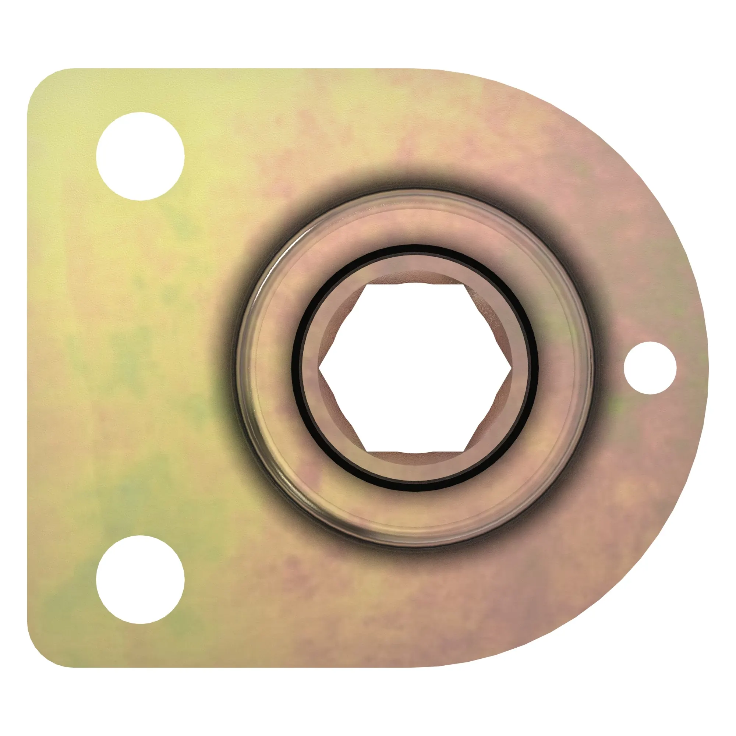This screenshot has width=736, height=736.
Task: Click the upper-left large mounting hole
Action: (140, 156)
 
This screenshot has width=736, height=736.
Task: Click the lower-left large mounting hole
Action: (140, 580)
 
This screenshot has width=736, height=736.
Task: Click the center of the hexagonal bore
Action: (415, 368)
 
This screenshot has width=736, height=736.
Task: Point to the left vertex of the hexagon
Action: (319, 368)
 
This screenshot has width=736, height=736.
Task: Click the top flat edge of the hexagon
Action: (415, 284)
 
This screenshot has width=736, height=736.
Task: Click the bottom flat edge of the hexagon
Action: (415, 452)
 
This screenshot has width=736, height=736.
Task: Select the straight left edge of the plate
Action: (28, 368)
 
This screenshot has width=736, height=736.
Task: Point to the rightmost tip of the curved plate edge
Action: (707, 368)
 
